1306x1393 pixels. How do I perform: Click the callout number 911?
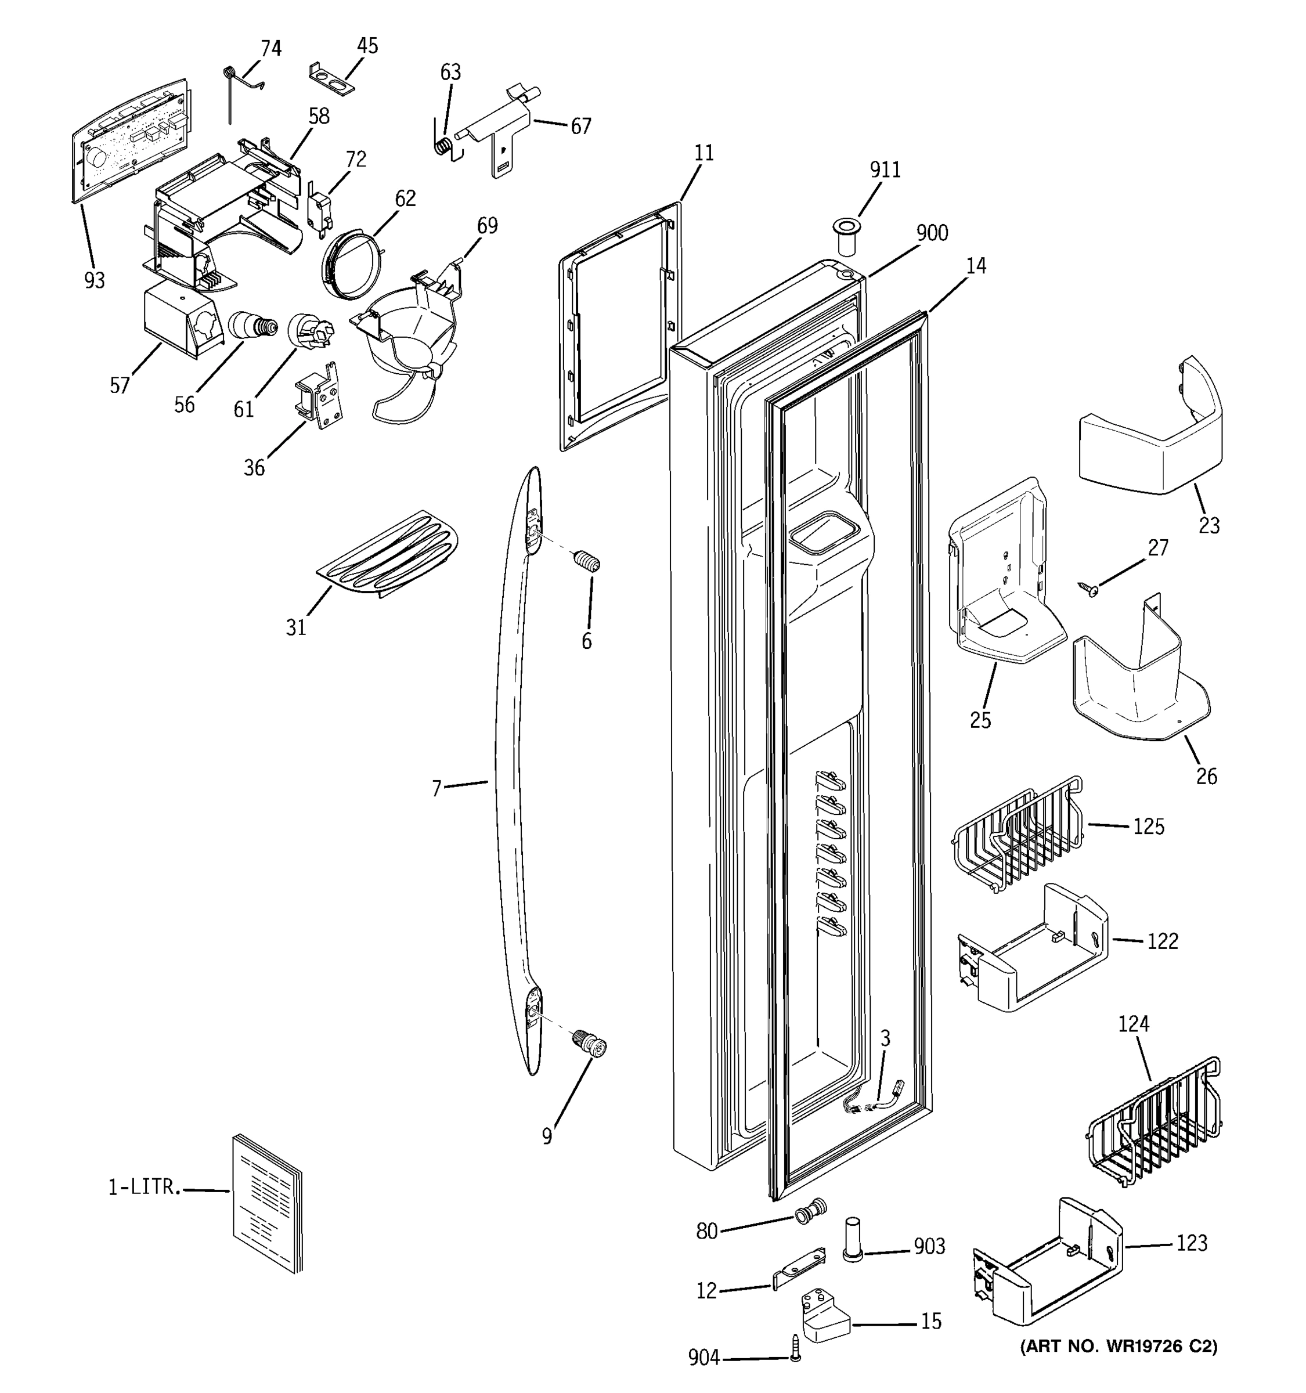(885, 169)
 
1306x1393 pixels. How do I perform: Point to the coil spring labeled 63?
(443, 146)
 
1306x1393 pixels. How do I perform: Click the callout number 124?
(1133, 1024)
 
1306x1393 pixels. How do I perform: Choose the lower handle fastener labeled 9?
(589, 1045)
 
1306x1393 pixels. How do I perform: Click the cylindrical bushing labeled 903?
(852, 1239)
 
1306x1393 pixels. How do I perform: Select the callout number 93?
(95, 280)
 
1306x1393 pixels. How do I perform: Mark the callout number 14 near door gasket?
(975, 266)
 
